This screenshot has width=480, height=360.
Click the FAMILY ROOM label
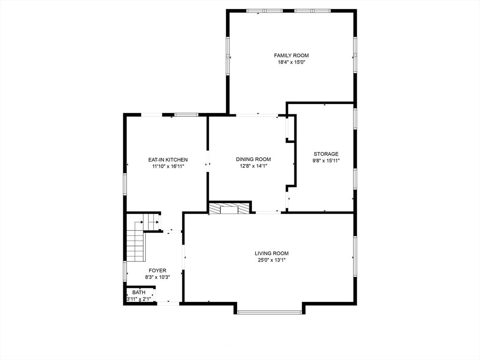point(291,55)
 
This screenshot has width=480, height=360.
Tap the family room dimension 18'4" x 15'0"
point(292,62)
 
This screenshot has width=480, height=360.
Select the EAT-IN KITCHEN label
point(168,160)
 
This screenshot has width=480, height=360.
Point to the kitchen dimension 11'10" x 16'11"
point(168,166)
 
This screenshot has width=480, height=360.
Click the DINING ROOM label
point(253,159)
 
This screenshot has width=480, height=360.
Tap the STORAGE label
point(326,154)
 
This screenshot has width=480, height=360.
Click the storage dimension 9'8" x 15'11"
point(326,161)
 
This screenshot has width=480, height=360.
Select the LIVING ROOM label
point(271,254)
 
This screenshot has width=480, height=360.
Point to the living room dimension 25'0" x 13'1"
point(272,260)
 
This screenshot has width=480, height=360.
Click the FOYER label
point(157,270)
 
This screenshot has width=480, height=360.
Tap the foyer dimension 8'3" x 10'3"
point(157,277)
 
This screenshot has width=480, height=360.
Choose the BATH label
point(139,292)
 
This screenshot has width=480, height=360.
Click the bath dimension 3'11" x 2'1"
point(139,300)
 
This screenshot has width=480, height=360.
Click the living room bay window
point(270,312)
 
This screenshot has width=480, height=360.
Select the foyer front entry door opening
point(168,303)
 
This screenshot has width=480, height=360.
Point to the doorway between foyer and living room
point(183,257)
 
